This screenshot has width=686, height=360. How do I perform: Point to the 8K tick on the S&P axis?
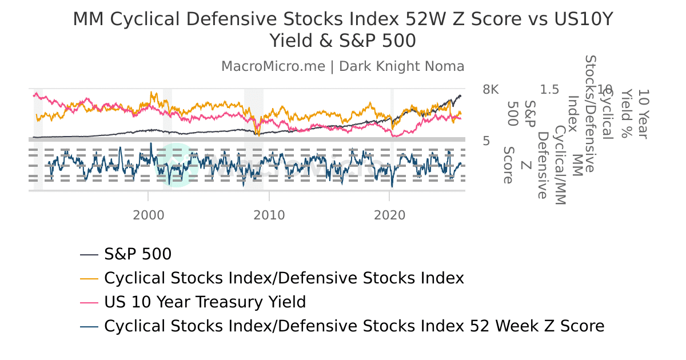click(490, 90)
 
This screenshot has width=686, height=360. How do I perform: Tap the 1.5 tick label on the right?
click(549, 90)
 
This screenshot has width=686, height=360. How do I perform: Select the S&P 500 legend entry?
click(138, 254)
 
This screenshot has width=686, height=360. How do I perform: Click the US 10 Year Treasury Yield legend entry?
click(205, 302)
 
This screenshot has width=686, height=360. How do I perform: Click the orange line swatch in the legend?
click(90, 278)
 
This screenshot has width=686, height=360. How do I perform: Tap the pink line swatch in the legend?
click(90, 302)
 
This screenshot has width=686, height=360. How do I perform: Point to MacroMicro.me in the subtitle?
click(273, 66)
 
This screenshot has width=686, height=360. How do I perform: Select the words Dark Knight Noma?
click(402, 66)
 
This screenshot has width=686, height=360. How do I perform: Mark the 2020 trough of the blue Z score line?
click(392, 186)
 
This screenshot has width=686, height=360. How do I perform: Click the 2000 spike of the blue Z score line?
click(151, 143)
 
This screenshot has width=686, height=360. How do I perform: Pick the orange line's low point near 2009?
click(258, 134)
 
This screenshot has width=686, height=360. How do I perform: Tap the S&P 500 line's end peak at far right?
click(460, 95)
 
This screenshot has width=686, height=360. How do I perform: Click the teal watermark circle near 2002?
click(173, 164)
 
